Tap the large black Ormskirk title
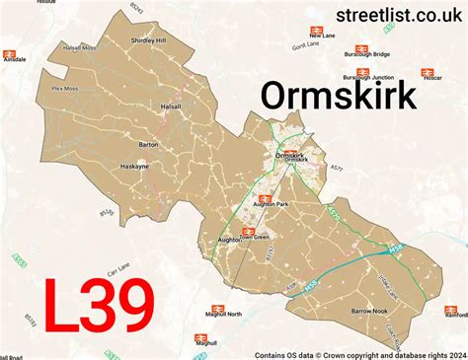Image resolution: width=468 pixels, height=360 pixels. (338, 97)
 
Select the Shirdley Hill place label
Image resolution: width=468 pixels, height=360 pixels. (149, 40)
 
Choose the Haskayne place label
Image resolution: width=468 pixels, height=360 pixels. (136, 167)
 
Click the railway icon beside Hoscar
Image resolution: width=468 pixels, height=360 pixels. (429, 73)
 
